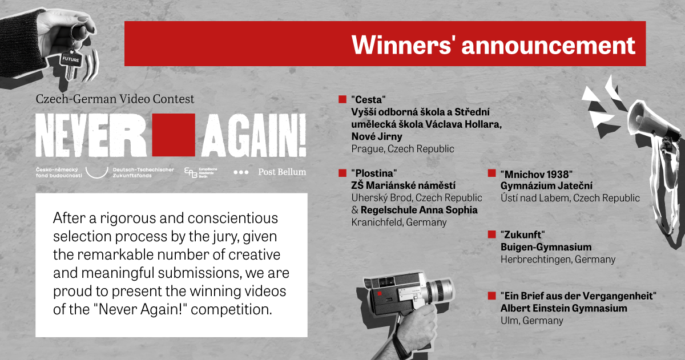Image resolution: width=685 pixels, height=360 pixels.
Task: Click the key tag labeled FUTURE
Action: point(71,59)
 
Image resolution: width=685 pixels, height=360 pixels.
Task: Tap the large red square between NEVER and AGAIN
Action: point(174,135)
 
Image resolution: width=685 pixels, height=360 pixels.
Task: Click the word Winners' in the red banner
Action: point(401,45)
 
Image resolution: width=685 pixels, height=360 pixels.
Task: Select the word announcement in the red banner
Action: point(549,45)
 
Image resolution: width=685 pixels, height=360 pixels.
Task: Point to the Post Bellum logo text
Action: point(282,172)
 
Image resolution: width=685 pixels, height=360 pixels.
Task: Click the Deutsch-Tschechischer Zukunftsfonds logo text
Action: point(143,172)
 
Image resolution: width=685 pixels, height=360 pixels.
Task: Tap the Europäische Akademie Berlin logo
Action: point(201,172)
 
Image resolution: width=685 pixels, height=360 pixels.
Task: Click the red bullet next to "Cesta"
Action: point(342,99)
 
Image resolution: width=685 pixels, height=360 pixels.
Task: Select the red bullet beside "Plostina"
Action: point(342,173)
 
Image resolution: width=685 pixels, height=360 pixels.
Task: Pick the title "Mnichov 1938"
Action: point(537,174)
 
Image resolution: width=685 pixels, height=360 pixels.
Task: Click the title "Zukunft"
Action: point(523,234)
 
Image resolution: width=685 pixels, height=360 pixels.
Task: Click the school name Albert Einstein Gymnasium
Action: point(563,308)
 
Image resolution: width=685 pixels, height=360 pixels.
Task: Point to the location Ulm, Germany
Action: point(532,321)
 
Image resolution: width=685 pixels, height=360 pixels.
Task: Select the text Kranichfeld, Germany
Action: point(399,222)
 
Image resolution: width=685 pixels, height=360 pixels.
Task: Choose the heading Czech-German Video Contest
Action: point(115,99)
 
